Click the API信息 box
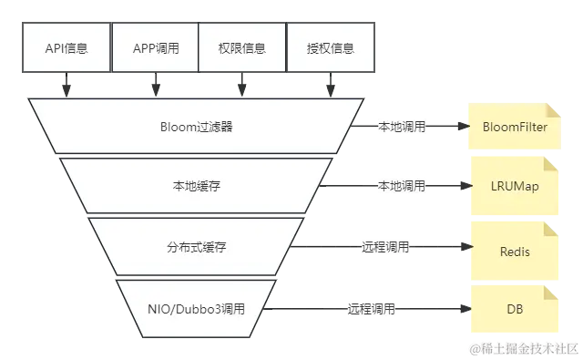(66, 48)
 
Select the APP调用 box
(154, 48)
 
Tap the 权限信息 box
(242, 48)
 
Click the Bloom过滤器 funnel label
(196, 127)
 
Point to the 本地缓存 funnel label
(196, 186)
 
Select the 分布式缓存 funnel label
(196, 247)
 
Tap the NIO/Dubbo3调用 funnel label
(196, 309)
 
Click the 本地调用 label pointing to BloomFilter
(402, 128)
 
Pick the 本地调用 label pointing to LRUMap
(402, 186)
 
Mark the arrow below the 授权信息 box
(331, 84)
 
